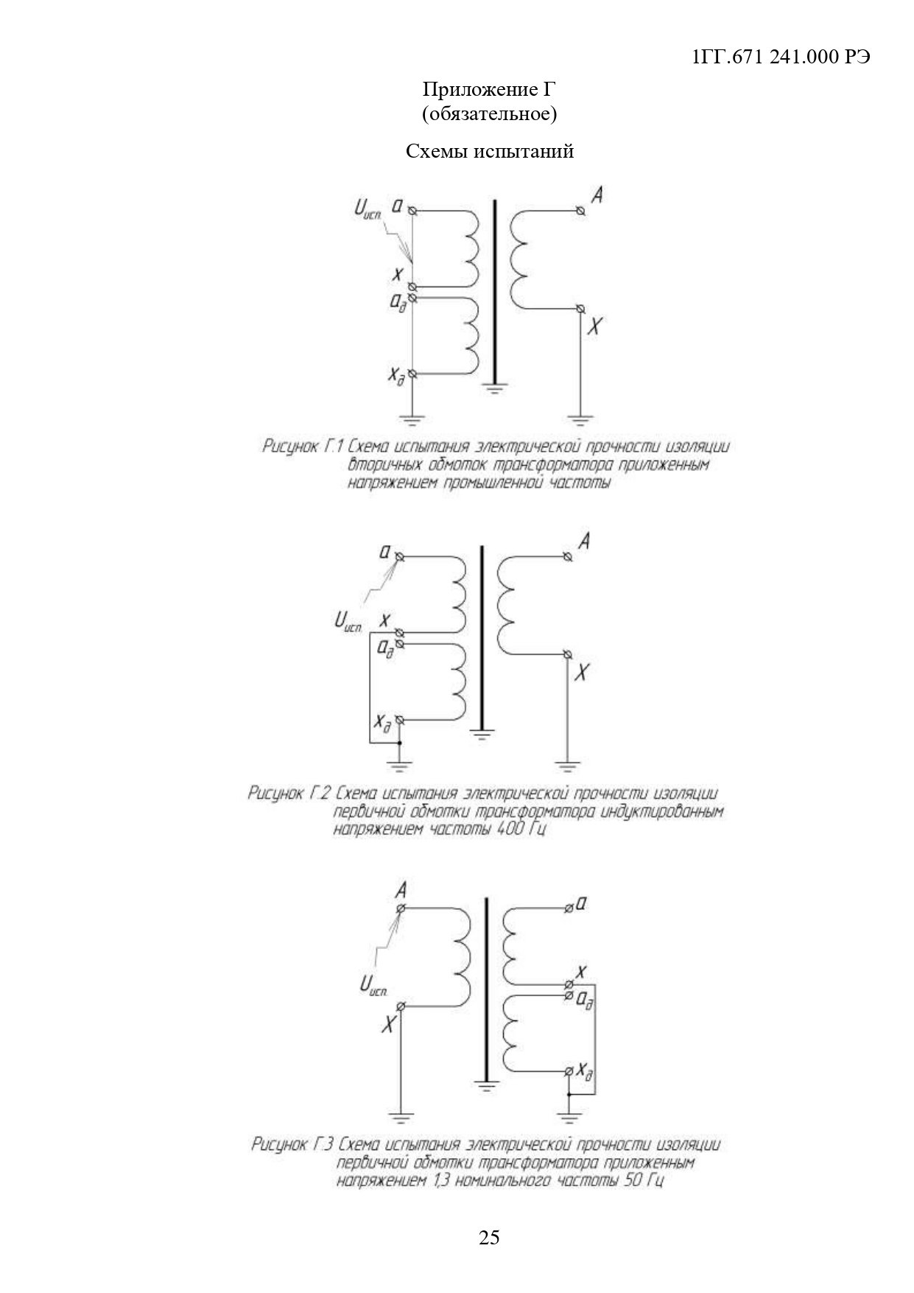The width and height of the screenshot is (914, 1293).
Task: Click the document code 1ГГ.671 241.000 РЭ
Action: (x=781, y=57)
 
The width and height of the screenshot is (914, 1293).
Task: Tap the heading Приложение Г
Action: (x=489, y=90)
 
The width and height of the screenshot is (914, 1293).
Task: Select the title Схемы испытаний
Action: (x=489, y=151)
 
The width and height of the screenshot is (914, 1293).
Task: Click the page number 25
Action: (x=489, y=1237)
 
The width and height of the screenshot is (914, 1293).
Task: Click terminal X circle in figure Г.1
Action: (x=581, y=309)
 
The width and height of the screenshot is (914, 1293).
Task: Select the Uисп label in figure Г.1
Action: (x=368, y=211)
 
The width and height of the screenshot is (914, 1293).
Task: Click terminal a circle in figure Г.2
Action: (x=399, y=557)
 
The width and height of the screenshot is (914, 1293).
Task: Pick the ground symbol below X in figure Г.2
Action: (x=567, y=766)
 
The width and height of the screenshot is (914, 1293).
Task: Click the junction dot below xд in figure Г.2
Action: (x=399, y=743)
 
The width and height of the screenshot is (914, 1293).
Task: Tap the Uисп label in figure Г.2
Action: (x=348, y=623)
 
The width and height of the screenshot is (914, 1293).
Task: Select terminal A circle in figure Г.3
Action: (x=401, y=908)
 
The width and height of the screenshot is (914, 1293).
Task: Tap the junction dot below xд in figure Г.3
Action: (x=569, y=1095)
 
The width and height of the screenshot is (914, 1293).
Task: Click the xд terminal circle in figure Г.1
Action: (x=412, y=374)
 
